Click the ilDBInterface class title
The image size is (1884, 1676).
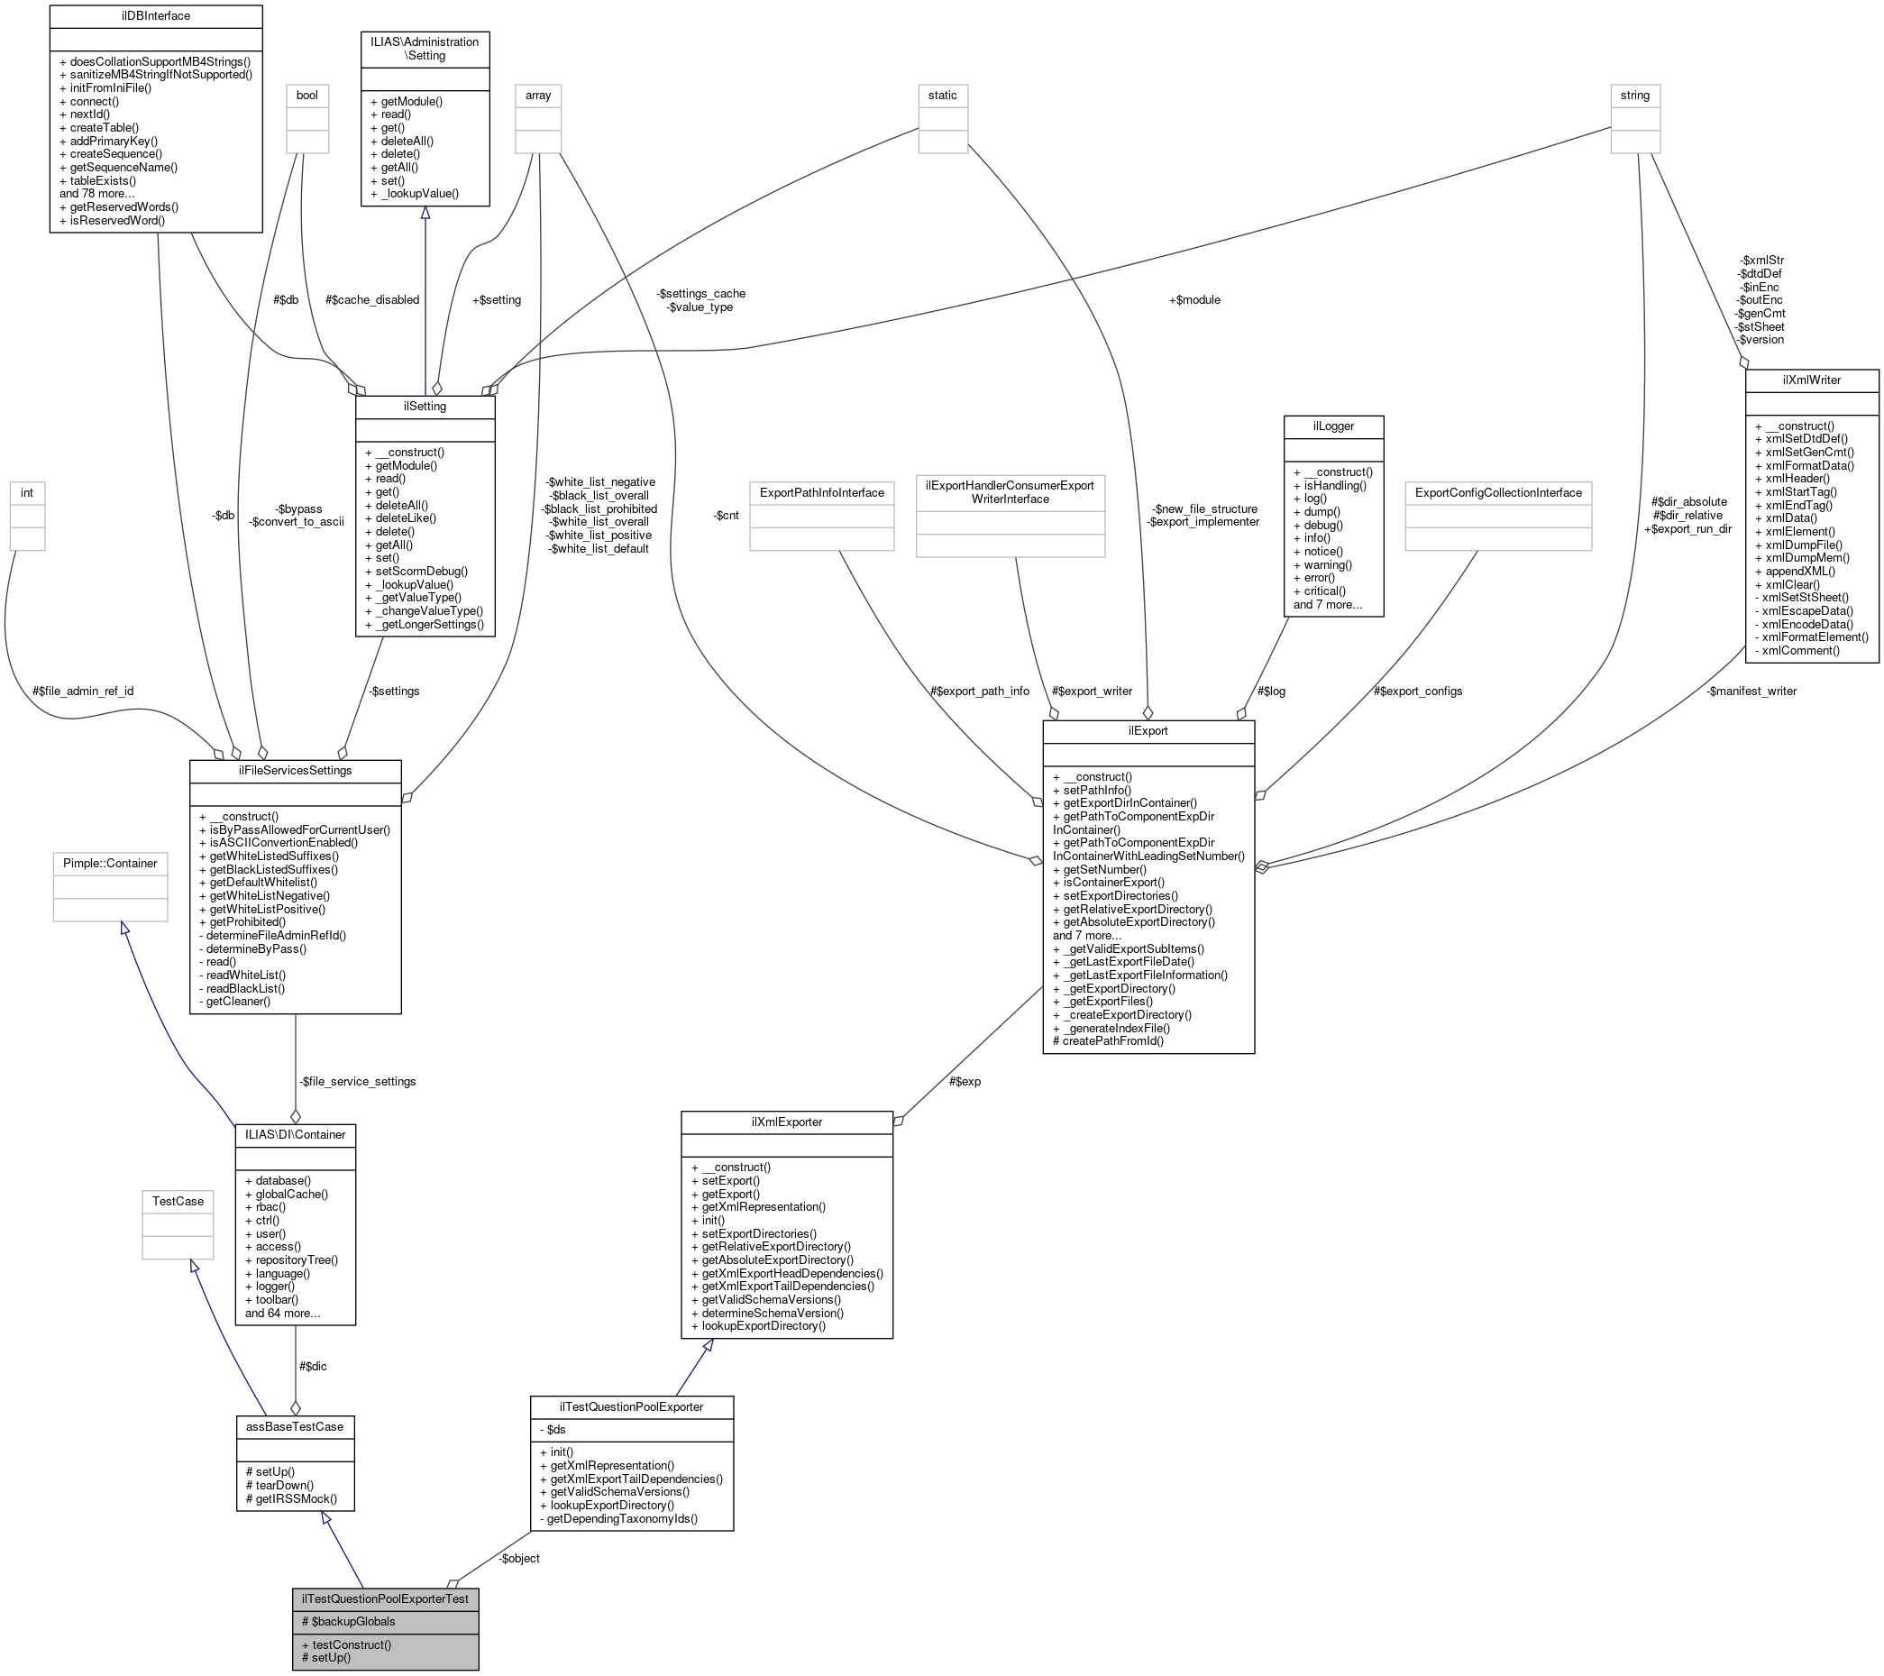click(156, 15)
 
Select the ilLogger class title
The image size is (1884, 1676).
click(1333, 425)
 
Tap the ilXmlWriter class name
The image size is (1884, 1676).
click(1811, 380)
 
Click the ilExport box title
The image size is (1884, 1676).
click(1148, 730)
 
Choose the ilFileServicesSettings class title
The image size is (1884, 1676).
click(295, 770)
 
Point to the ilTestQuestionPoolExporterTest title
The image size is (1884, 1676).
click(385, 1598)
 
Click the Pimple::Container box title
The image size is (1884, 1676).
click(110, 863)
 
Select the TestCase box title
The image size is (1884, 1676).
click(178, 1201)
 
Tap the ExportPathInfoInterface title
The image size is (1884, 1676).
click(821, 492)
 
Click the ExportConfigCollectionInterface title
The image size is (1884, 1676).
click(1498, 492)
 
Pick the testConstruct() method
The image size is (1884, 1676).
click(352, 1644)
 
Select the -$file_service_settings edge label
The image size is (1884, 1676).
click(357, 1080)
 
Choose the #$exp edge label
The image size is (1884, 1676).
click(965, 1080)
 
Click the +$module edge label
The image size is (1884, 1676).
click(1194, 299)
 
